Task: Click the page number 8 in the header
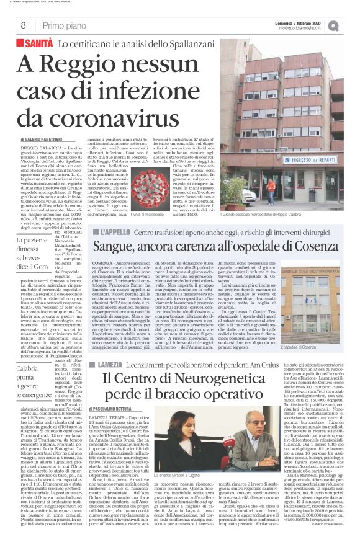(23, 25)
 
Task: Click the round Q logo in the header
(351, 25)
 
